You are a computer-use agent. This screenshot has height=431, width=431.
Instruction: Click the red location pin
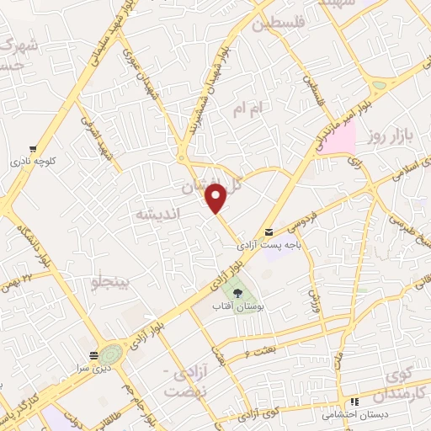click(217, 197)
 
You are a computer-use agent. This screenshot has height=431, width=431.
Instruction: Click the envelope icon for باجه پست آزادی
click(268, 231)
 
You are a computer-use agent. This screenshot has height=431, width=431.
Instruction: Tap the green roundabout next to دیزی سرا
click(112, 354)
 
